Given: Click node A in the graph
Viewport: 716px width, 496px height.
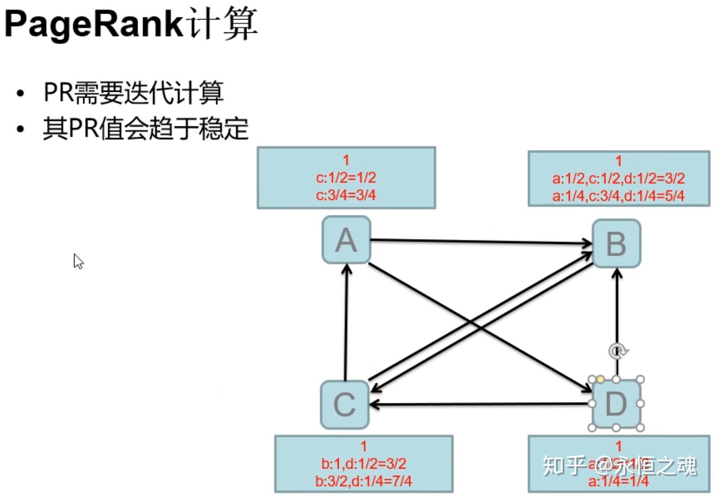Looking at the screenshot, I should (x=346, y=240).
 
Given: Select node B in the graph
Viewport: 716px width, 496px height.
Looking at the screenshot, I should (x=616, y=244).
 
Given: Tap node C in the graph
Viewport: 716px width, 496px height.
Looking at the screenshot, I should (x=345, y=405).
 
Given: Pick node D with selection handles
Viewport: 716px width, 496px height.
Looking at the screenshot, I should (x=616, y=404).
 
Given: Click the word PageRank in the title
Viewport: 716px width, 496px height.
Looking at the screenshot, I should (x=94, y=24).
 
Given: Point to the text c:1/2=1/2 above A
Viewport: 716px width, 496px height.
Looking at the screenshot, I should (x=346, y=178).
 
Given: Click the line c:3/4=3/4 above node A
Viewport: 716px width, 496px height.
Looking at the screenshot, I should (x=346, y=195).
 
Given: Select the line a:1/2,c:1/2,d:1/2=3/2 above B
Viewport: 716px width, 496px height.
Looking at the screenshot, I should (x=618, y=178).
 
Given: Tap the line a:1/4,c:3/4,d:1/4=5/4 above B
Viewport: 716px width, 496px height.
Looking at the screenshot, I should (x=618, y=196).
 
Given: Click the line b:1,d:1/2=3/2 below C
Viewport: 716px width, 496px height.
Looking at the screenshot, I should (x=364, y=464).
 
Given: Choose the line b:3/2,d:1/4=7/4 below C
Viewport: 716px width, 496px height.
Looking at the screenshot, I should (x=364, y=481).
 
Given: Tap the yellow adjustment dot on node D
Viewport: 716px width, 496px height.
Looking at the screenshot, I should (x=600, y=379).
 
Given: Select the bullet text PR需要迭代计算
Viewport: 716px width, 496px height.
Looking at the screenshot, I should (x=133, y=93).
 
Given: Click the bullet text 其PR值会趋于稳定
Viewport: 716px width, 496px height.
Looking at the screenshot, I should (x=145, y=129).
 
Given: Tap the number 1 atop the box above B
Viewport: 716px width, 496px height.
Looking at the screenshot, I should (x=619, y=161).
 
